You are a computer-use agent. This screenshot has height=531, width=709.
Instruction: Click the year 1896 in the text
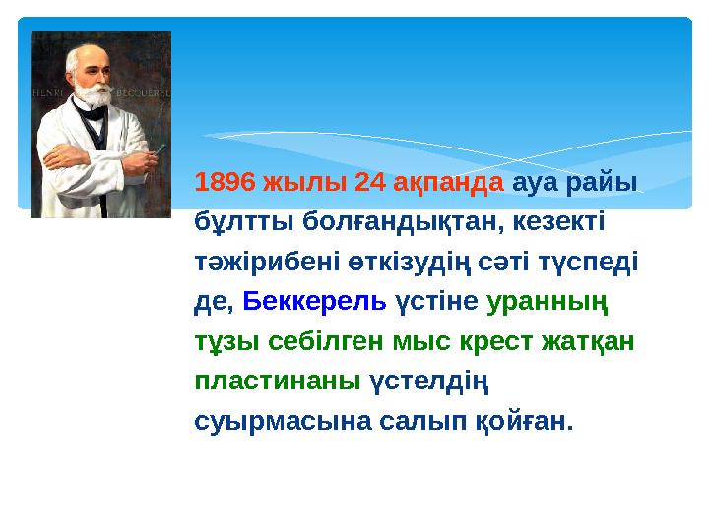click(226, 183)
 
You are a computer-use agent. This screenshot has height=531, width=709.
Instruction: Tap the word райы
click(609, 183)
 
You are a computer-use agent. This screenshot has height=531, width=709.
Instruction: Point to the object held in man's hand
click(155, 149)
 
